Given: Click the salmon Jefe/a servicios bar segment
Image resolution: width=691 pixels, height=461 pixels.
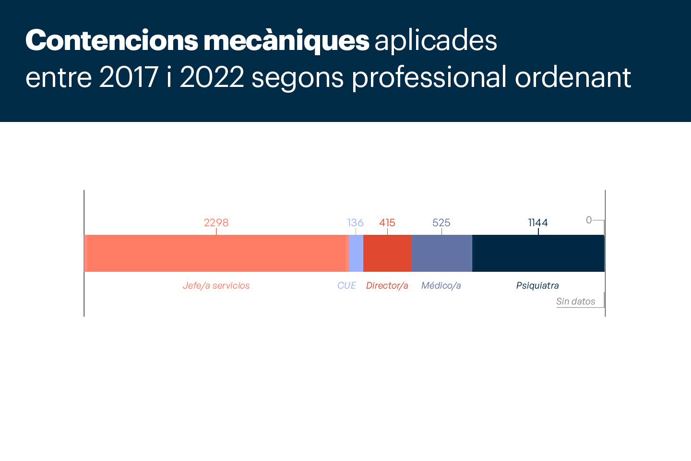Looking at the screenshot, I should [x=215, y=253].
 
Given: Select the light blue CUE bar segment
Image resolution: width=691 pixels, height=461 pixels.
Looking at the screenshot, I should [x=356, y=253].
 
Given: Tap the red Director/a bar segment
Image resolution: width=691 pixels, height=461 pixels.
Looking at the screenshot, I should [x=387, y=253].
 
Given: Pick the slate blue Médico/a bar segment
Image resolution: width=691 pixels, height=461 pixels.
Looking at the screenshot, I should [x=441, y=253].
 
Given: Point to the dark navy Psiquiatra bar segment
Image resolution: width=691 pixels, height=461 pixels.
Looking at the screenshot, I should [x=538, y=253].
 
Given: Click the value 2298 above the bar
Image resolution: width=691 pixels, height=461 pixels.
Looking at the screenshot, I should [x=216, y=223].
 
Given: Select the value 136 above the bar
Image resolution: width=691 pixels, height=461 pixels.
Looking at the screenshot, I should [x=356, y=223].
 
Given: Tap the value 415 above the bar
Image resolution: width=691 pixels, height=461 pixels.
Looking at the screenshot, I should [x=387, y=223].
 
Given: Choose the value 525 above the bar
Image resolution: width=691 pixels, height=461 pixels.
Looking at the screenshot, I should [x=441, y=223].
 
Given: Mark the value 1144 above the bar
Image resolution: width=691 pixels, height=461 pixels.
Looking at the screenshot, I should [x=538, y=223].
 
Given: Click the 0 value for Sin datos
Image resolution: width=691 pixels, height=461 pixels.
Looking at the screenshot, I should [x=589, y=220].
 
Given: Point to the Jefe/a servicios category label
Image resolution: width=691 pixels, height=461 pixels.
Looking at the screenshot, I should [x=216, y=286].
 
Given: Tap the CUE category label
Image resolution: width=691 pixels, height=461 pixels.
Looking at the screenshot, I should [x=346, y=286].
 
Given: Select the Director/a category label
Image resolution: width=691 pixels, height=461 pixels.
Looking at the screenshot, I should [x=387, y=286].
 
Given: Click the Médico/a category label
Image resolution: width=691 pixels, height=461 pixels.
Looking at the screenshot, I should [x=441, y=286].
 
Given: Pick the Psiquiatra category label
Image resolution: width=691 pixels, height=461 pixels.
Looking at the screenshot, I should [x=537, y=286].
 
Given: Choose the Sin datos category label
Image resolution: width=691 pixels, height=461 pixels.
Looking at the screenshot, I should [x=576, y=302].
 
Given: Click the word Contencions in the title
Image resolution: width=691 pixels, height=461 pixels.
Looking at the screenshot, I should [x=111, y=40].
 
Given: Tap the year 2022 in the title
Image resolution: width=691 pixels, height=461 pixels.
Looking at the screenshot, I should [x=212, y=77].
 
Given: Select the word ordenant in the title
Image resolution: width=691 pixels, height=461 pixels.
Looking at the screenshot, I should [x=573, y=77].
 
